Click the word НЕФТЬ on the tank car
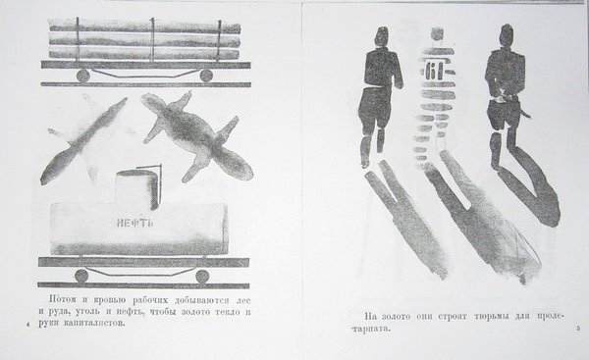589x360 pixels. click(134, 224)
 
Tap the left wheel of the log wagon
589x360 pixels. click(83, 76)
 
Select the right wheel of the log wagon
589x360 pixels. click(206, 76)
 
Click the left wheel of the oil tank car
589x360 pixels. click(81, 276)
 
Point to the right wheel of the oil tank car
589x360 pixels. click(202, 276)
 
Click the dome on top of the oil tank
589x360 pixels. click(136, 188)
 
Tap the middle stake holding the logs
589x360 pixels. click(152, 38)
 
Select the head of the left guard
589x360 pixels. click(382, 37)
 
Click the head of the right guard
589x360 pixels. click(507, 35)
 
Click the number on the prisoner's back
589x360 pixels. click(435, 71)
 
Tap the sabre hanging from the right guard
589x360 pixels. click(523, 110)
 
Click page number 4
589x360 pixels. click(27, 325)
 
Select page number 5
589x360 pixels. click(578, 329)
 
